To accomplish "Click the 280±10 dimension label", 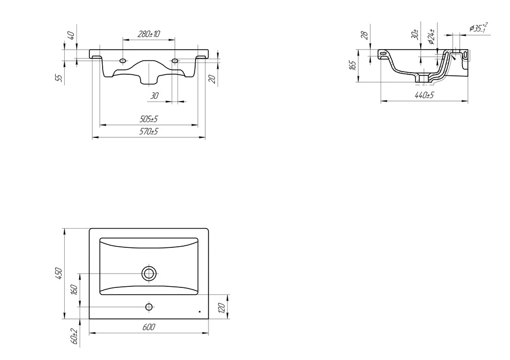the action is pos(149,34).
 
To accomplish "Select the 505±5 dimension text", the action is pos(149,119).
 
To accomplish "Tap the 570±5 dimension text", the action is pos(149,131).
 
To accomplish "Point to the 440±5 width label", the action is pos(424,95).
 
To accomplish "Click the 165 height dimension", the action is pos(352,65).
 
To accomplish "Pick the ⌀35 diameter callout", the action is pos(478,28).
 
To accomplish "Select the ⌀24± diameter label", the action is pos(431,37).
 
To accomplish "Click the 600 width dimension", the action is pos(149,327).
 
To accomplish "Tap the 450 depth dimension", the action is pos(59,273).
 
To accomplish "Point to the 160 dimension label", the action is pos(74,290).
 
